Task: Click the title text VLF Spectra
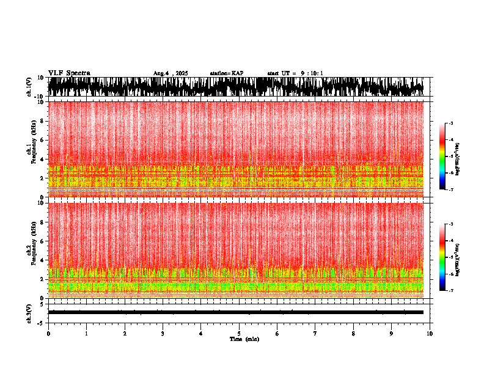[x=69, y=73]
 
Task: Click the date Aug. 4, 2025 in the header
[x=170, y=73]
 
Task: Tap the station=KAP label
[x=226, y=73]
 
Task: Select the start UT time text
[x=295, y=73]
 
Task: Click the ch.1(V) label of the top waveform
[x=29, y=87]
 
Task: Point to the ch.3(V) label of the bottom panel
[x=29, y=312]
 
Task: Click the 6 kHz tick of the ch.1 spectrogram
[x=42, y=140]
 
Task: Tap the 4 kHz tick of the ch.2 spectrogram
[x=42, y=260]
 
